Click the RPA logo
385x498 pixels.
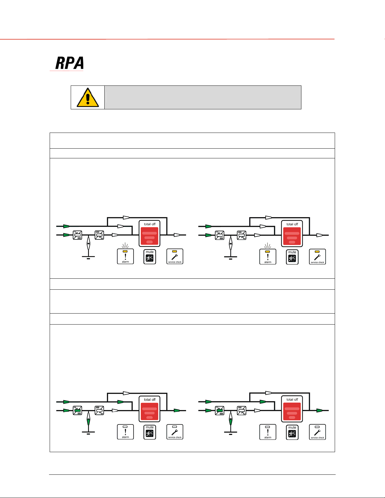(x=69, y=63)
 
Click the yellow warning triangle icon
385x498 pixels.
(x=88, y=98)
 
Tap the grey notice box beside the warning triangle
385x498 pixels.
(x=203, y=97)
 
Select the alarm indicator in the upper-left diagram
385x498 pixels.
(x=125, y=256)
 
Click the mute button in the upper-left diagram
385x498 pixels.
(x=150, y=257)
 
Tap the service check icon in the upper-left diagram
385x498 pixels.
(x=175, y=256)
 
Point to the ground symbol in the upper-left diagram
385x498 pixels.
(x=88, y=257)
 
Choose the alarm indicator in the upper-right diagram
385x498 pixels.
(x=268, y=257)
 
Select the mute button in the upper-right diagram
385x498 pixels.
(x=292, y=257)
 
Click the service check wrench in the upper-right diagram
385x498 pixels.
(x=317, y=257)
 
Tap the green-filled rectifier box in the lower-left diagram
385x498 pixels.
(x=77, y=411)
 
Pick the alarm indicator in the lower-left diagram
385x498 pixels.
(x=125, y=432)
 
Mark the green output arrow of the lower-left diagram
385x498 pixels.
(x=177, y=410)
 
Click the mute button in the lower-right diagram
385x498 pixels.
(x=292, y=432)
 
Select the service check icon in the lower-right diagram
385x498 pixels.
(x=317, y=432)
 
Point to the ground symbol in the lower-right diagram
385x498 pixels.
(x=231, y=433)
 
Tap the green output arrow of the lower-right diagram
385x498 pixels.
(x=319, y=410)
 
